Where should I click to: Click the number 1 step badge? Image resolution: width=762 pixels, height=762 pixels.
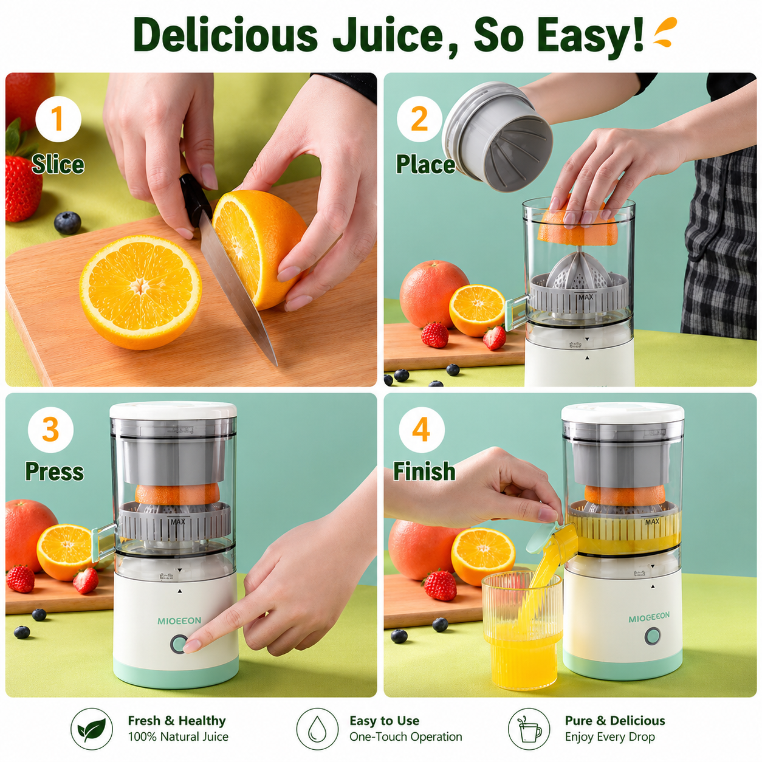(x=58, y=118)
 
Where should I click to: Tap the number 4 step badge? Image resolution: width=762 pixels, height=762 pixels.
(x=421, y=430)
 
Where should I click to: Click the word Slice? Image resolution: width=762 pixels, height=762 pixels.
(x=58, y=164)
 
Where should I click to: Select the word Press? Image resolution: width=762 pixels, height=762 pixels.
(x=55, y=472)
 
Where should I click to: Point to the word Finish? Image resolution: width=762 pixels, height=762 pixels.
(x=424, y=472)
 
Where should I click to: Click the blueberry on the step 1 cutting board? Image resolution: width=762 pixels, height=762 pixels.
(x=67, y=222)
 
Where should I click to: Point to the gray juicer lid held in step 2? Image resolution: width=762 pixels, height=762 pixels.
(x=497, y=137)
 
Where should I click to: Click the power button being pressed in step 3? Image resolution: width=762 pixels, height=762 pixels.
(x=179, y=644)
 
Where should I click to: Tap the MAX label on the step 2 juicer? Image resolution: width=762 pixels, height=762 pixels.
(x=586, y=297)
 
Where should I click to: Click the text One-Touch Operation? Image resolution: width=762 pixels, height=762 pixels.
(x=406, y=736)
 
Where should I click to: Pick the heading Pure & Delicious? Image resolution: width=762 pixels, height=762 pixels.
(x=615, y=721)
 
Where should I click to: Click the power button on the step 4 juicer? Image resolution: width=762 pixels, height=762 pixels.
(x=653, y=636)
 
